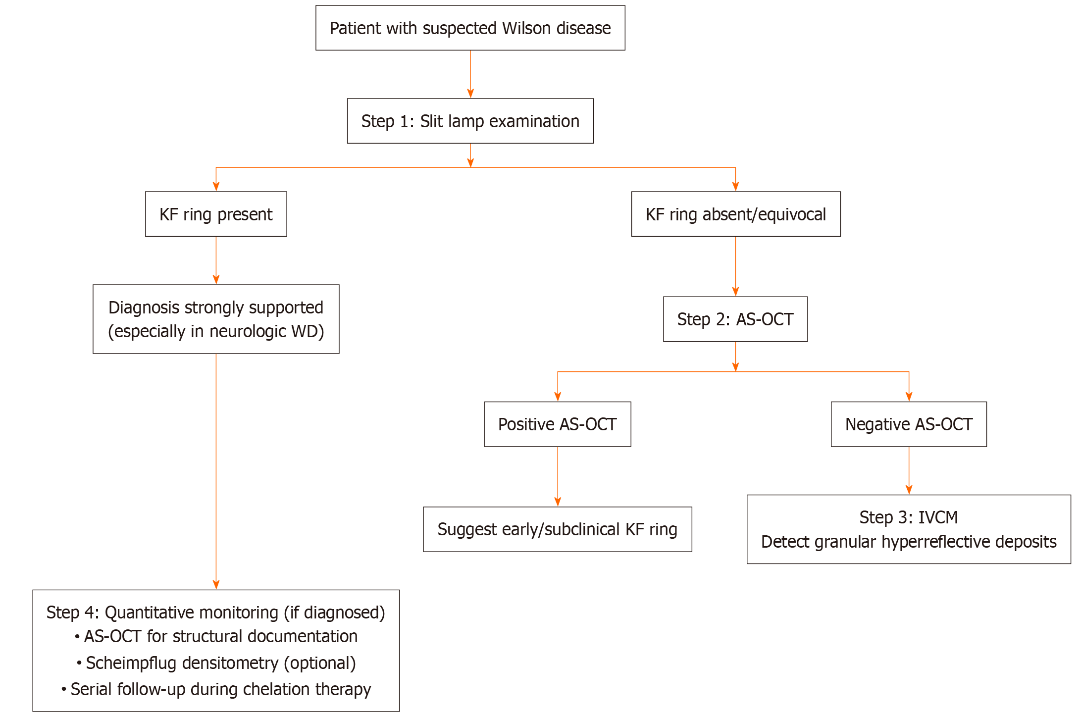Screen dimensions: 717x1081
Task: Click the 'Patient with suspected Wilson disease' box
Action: coord(470,28)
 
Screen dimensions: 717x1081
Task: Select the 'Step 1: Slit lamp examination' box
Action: coord(470,121)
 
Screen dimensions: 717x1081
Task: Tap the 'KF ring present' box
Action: coord(216,214)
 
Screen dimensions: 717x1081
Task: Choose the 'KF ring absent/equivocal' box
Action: coord(735,214)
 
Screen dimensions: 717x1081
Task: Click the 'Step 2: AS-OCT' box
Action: coord(735,319)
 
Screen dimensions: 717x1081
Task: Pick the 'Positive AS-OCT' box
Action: coord(557,424)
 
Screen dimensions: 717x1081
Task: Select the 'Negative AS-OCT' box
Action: coord(908,424)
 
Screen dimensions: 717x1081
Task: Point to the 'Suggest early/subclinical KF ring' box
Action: coord(557,529)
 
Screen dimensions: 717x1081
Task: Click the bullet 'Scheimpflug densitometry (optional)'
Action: coord(220,663)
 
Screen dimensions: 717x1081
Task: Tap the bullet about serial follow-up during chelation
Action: coord(220,689)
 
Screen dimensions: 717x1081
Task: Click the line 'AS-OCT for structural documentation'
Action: coord(220,636)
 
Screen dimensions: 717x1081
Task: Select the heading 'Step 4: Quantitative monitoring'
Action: coord(215,613)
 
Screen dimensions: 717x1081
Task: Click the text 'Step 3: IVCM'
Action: coord(908,517)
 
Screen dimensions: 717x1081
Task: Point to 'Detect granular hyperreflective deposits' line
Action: coord(908,542)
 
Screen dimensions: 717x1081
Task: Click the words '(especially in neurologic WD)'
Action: coord(216,331)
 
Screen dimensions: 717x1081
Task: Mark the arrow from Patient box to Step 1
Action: coord(470,74)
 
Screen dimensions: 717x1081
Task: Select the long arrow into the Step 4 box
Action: coord(216,470)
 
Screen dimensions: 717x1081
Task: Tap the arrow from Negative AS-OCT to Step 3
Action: coord(909,470)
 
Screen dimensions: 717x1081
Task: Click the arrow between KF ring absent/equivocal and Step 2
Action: coord(735,266)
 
